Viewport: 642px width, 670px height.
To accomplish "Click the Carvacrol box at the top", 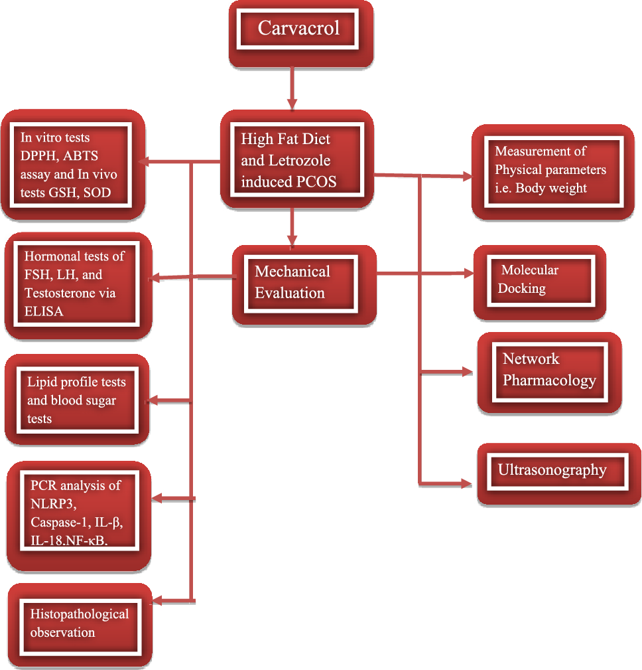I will [298, 29].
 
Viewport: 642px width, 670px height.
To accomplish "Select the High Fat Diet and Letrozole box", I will [296, 159].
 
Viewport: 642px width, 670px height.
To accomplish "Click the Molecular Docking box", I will [539, 280].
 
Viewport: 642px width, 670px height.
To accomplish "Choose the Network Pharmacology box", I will [549, 371].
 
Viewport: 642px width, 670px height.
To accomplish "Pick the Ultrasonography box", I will [552, 470].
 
